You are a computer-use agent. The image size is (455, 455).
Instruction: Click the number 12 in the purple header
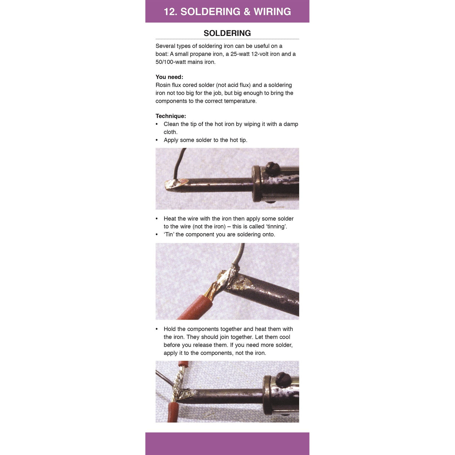pos(170,12)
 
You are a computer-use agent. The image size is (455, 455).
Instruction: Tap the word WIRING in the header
pos(272,12)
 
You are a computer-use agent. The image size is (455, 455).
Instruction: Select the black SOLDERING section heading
pos(227,33)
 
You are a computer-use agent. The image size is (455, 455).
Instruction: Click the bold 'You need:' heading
pos(169,77)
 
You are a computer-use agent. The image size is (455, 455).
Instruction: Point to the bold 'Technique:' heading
pos(171,116)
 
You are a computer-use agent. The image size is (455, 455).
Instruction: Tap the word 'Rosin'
pos(163,85)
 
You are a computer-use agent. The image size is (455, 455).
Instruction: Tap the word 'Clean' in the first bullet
pos(171,124)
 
